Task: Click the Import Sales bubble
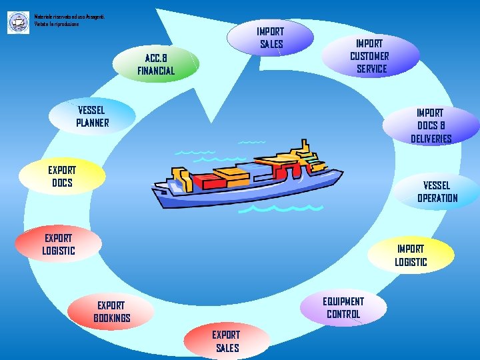(x=271, y=37)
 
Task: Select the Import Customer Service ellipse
(x=370, y=55)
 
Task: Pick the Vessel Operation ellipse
(x=437, y=191)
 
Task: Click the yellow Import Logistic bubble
(x=411, y=255)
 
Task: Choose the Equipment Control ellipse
(x=343, y=307)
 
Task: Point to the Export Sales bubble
(x=227, y=341)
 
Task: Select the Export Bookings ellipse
(x=112, y=311)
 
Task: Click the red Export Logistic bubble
(x=59, y=244)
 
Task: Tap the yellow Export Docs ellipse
(x=61, y=176)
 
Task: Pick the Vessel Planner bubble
(x=92, y=116)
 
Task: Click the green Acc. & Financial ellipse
(x=156, y=64)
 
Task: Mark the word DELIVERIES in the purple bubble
(x=431, y=139)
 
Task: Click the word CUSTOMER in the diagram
(x=370, y=56)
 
